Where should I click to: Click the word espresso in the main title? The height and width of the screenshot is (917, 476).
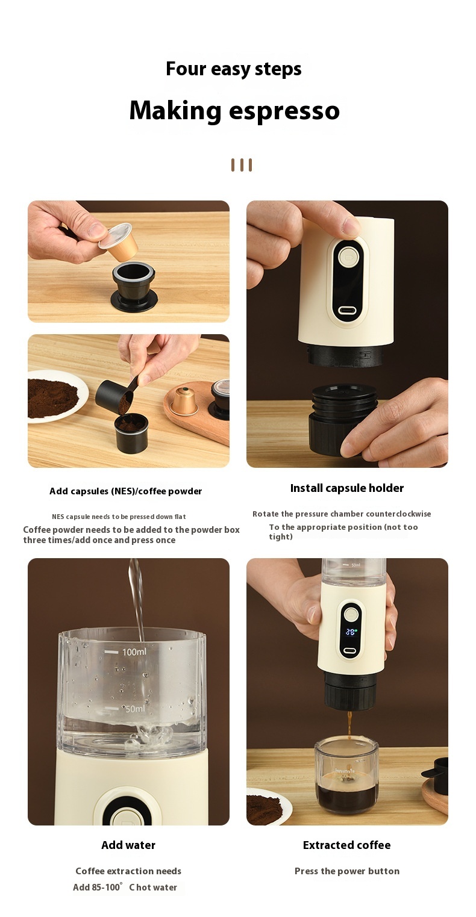tap(284, 111)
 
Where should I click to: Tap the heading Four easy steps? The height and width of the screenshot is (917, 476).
tap(234, 69)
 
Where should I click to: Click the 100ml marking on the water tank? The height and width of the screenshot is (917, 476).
tap(134, 651)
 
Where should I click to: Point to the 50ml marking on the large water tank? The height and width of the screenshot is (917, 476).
tap(134, 709)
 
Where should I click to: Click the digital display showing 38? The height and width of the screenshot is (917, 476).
tap(350, 632)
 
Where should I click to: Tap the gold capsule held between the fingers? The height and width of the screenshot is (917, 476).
tap(118, 241)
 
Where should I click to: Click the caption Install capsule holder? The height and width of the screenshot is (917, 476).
tap(347, 488)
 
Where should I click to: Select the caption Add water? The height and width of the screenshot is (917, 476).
tap(128, 845)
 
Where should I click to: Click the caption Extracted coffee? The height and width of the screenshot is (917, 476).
tap(347, 845)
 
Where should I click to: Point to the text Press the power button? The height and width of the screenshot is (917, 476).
tap(347, 871)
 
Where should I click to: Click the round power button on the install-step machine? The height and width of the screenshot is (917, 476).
tap(349, 258)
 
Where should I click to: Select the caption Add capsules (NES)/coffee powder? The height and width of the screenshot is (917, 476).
tap(126, 491)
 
